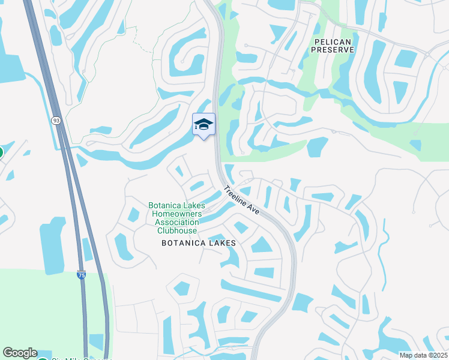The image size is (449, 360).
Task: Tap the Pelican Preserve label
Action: (334, 46)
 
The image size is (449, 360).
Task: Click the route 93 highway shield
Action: (56, 121)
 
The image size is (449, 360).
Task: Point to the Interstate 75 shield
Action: (81, 275)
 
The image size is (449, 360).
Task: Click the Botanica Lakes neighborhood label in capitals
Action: (198, 243)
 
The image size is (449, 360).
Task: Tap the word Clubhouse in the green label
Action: (176, 230)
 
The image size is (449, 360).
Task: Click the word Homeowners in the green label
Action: (178, 214)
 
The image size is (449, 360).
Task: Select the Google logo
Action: (20, 353)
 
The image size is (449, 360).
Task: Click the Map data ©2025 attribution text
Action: (423, 355)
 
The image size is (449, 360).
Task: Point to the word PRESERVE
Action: (334, 50)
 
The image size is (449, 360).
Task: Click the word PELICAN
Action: (334, 41)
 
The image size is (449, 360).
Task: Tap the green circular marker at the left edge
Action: (1, 152)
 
